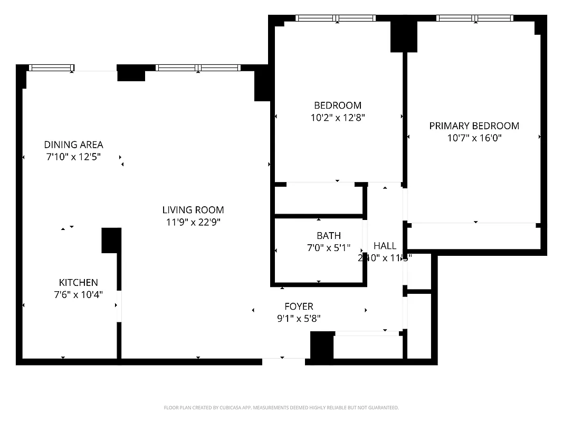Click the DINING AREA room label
(x=73, y=145)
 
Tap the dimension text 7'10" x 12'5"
(x=73, y=157)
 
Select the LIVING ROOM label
(x=193, y=210)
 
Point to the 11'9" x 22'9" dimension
(x=193, y=222)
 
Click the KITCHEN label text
(x=78, y=283)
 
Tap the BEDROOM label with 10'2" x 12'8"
(x=338, y=105)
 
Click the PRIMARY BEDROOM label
(x=474, y=126)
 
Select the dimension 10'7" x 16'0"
(x=474, y=138)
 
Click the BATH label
(x=329, y=236)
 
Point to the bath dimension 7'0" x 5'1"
(x=329, y=248)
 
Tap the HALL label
(x=385, y=246)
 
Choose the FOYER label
(x=299, y=306)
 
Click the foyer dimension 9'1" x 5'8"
(x=299, y=319)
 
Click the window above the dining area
(x=51, y=68)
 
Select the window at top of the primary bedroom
(x=475, y=18)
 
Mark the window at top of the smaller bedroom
(x=336, y=18)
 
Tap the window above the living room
(x=198, y=68)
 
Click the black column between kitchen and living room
(x=111, y=240)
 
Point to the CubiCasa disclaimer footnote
(x=281, y=408)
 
